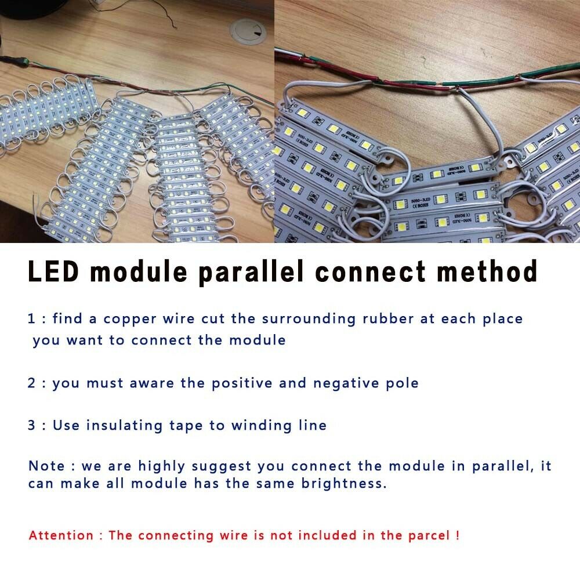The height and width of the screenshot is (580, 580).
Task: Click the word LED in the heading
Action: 53,271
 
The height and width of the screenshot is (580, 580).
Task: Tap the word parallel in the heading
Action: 251,272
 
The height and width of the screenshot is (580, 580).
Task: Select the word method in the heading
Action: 487,271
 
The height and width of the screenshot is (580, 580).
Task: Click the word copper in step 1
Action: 130,319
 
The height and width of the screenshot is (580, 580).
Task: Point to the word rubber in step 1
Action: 388,318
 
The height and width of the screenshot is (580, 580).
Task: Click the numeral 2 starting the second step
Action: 32,383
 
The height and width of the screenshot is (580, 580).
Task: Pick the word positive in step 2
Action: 242,383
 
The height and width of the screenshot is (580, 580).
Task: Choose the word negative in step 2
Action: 346,383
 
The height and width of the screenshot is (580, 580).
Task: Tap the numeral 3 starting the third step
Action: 32,425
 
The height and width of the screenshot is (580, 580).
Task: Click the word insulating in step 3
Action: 124,426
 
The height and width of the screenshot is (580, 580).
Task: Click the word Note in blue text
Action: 47,466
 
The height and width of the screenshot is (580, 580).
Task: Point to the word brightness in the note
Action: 344,484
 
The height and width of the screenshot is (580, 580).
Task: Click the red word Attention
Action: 61,535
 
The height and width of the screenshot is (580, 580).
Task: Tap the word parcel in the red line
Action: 429,535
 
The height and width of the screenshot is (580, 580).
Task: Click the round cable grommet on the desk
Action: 248,32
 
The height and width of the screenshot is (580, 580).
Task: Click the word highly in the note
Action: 162,466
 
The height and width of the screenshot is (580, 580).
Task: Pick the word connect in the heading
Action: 370,272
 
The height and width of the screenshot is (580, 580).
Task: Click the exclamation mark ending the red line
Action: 458,535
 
